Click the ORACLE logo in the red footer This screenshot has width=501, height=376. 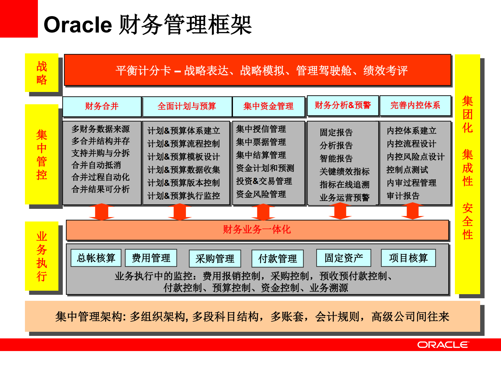(443, 345)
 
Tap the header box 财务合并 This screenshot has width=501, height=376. (102, 106)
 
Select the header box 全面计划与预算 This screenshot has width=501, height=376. (187, 106)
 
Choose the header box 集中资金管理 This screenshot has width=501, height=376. (268, 106)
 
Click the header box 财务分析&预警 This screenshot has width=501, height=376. (343, 106)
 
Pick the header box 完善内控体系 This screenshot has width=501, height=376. (415, 106)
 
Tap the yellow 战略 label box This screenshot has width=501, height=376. (42, 73)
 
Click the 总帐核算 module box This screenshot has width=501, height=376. (96, 258)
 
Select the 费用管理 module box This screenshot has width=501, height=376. (151, 258)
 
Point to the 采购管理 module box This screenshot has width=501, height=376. (215, 259)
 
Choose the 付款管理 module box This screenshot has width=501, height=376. (277, 259)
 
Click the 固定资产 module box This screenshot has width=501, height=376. (344, 258)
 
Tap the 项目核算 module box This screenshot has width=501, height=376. (409, 258)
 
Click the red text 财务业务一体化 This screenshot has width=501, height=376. (257, 229)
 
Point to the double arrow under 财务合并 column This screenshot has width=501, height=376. (102, 212)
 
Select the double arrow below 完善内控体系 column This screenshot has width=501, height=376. (413, 211)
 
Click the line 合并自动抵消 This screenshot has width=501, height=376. (96, 165)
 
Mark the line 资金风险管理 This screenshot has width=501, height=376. (261, 194)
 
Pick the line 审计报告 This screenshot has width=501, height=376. (403, 196)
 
